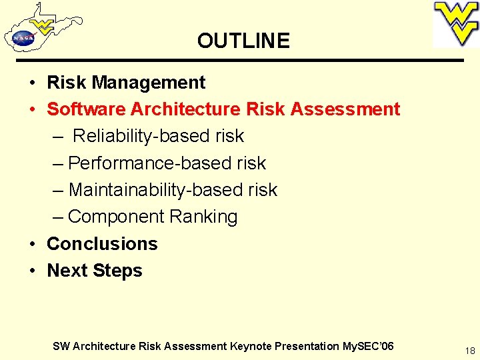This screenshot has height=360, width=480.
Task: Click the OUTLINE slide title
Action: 243,41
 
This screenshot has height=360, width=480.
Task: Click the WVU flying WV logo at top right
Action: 456,23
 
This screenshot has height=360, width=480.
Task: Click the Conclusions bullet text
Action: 102,244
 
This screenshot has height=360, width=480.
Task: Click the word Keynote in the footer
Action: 251,346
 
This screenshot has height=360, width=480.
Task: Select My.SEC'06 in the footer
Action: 367,346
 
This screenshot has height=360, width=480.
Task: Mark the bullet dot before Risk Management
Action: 32,83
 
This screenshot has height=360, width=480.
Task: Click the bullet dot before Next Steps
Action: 32,271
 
